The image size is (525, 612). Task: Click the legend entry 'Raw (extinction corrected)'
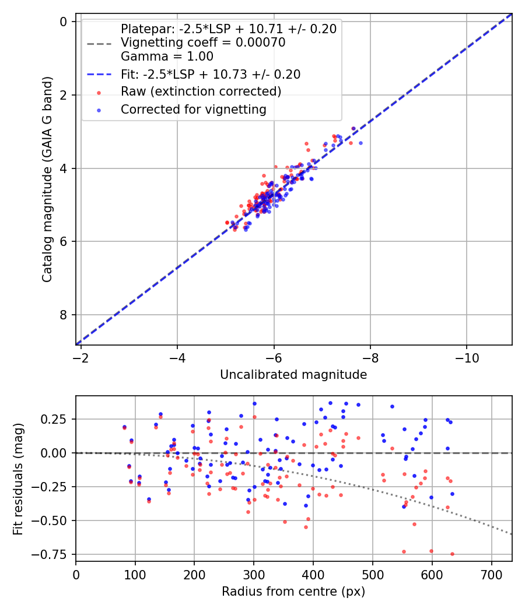click(201, 92)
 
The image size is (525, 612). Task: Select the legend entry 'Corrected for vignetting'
click(193, 109)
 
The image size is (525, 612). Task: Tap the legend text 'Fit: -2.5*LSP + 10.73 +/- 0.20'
click(210, 74)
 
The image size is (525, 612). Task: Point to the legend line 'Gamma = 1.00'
click(167, 57)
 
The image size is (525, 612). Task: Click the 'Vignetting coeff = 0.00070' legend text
click(203, 43)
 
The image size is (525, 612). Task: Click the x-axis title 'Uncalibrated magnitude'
click(293, 375)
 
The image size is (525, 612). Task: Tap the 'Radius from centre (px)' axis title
click(293, 592)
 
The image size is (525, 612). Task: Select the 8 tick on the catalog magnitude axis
click(64, 315)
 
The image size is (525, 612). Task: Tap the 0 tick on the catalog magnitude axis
click(64, 22)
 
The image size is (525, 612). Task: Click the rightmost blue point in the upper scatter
click(360, 143)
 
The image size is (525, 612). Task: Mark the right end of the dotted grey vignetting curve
click(512, 534)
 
